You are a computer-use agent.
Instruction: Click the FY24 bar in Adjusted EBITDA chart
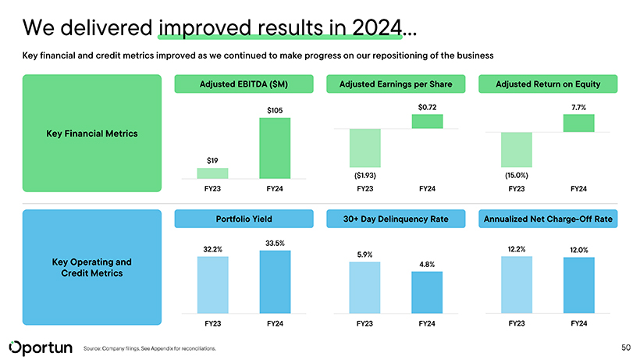point(275,148)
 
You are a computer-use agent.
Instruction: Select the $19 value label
point(212,160)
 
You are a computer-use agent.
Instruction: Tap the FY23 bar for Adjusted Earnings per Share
point(365,148)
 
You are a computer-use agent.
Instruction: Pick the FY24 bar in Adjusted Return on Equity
point(578,123)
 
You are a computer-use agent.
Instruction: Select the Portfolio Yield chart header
point(244,219)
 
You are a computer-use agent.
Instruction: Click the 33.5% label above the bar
point(275,242)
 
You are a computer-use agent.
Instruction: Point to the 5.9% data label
point(364,254)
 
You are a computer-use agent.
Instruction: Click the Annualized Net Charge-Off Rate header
point(549,219)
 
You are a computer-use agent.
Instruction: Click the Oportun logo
point(41,346)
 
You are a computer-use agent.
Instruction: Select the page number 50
point(625,346)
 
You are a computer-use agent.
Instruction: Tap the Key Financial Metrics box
point(91,134)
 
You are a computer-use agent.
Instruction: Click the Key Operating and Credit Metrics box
point(91,268)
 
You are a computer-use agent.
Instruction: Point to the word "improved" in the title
point(203,28)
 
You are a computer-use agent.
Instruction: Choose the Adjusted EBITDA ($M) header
point(244,84)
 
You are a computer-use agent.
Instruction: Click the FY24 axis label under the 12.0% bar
point(578,323)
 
